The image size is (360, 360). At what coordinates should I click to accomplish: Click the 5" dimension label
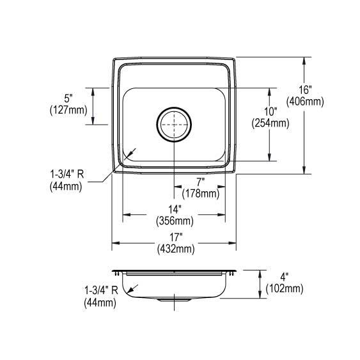pyautogui.click(x=69, y=98)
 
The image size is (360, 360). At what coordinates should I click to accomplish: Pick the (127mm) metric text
pyautogui.click(x=69, y=109)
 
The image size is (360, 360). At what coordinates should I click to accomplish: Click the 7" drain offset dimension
pyautogui.click(x=200, y=182)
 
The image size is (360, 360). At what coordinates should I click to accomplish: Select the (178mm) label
pyautogui.click(x=200, y=193)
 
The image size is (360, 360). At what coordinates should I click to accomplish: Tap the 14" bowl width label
pyautogui.click(x=175, y=210)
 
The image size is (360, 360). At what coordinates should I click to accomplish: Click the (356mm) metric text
pyautogui.click(x=175, y=221)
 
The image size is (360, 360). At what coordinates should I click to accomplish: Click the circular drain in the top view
pyautogui.click(x=174, y=123)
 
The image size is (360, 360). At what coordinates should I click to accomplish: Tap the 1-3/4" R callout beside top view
pyautogui.click(x=69, y=175)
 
